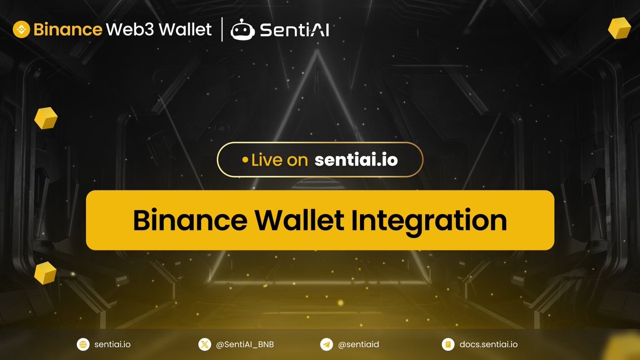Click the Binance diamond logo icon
tap(22, 29)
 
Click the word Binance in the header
tap(68, 29)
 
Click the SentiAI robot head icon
tap(242, 30)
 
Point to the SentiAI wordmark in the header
tap(294, 30)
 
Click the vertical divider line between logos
tap(222, 29)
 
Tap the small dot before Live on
tap(245, 159)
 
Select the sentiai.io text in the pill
tap(356, 159)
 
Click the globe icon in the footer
tap(83, 345)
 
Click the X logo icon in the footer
tap(204, 345)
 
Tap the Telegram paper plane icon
tap(326, 345)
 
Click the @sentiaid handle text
tap(358, 345)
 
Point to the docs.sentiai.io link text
tap(488, 345)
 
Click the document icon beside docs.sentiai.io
tap(448, 345)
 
